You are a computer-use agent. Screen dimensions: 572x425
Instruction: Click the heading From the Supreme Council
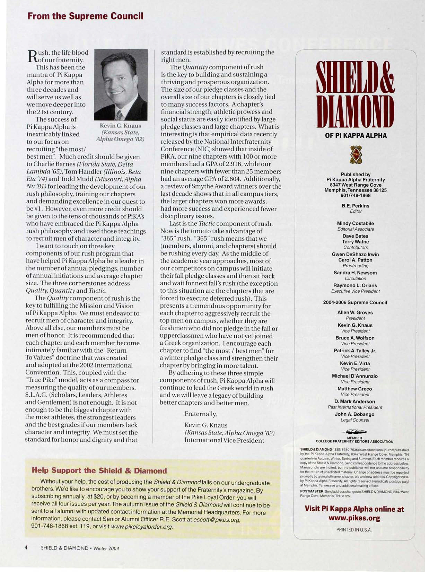click(x=85, y=16)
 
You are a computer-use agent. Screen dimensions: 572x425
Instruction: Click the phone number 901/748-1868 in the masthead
click(x=356, y=196)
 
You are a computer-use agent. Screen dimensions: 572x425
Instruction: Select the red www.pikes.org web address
click(x=354, y=518)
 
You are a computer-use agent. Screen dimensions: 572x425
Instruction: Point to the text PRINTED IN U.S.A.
click(x=354, y=530)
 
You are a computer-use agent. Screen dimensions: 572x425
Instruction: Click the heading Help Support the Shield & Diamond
click(x=99, y=471)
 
